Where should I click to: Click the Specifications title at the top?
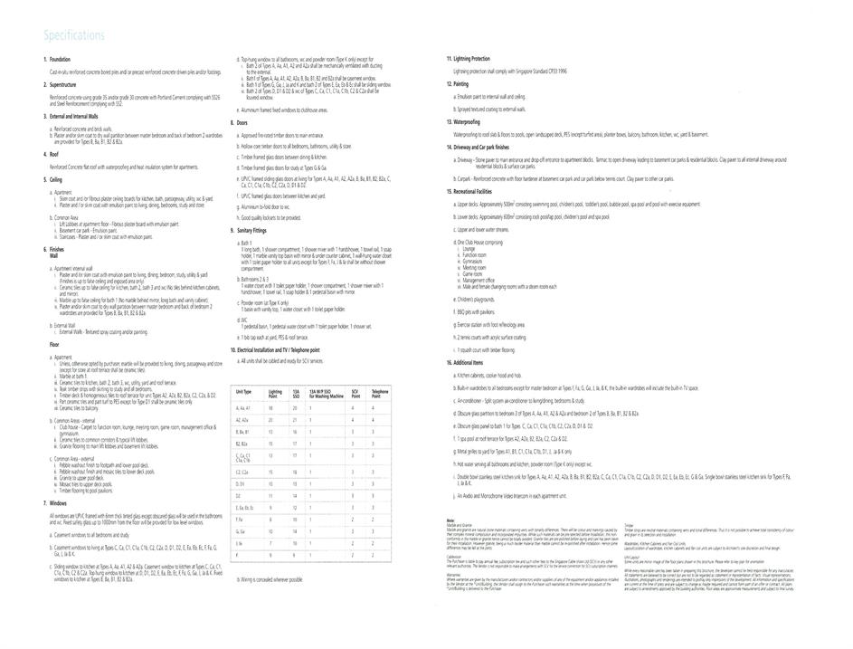click(x=73, y=35)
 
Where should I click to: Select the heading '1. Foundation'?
click(x=59, y=60)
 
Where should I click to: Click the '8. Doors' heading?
click(x=240, y=122)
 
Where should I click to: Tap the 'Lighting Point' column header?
click(x=275, y=394)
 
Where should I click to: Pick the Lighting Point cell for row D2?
click(x=270, y=496)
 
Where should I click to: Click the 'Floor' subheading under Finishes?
click(x=54, y=345)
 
